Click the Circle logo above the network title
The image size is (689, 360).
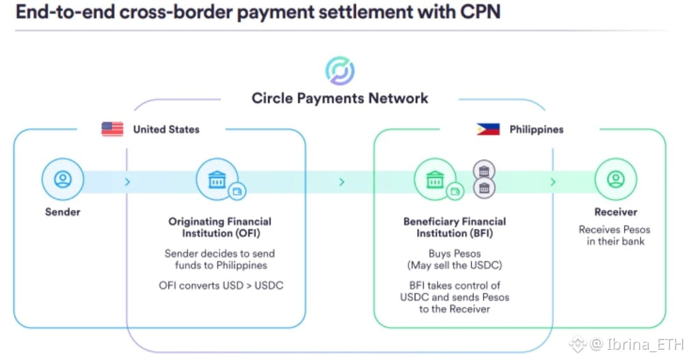tap(340, 71)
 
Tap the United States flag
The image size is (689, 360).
tap(112, 130)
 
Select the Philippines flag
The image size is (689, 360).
tap(488, 130)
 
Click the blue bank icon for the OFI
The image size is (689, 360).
tap(217, 180)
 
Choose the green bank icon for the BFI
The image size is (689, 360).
tap(435, 180)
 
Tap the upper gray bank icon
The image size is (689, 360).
tap(484, 170)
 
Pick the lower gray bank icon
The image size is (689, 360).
tap(484, 189)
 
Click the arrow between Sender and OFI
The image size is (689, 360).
tap(128, 182)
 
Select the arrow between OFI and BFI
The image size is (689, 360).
tap(342, 182)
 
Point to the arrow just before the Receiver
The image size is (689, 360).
tap(552, 182)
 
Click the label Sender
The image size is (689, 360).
tap(62, 212)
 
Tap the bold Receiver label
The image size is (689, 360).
tap(616, 212)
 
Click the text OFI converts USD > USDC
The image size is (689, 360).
tap(221, 285)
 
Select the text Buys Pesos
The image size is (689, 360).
tap(454, 253)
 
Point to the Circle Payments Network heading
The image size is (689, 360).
tap(340, 98)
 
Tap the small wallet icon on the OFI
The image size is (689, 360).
tap(237, 190)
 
